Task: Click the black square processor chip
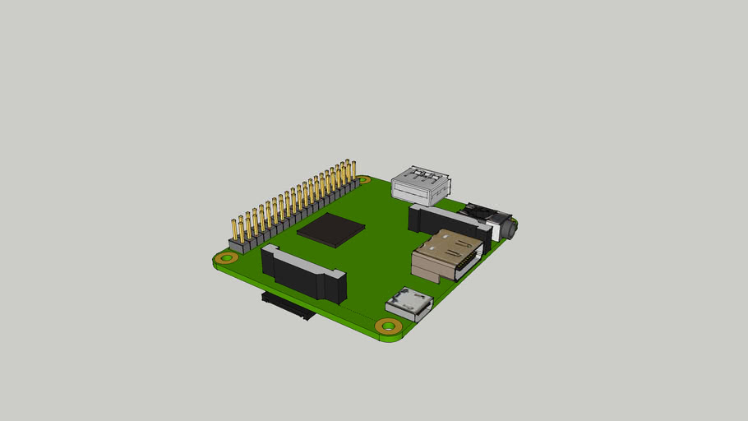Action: pyautogui.click(x=330, y=229)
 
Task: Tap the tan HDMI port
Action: pyautogui.click(x=444, y=253)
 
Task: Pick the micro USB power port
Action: pyautogui.click(x=409, y=304)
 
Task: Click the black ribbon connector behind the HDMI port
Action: pyautogui.click(x=448, y=223)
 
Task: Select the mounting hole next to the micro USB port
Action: pyautogui.click(x=388, y=326)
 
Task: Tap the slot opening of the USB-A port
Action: pyautogui.click(x=411, y=192)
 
